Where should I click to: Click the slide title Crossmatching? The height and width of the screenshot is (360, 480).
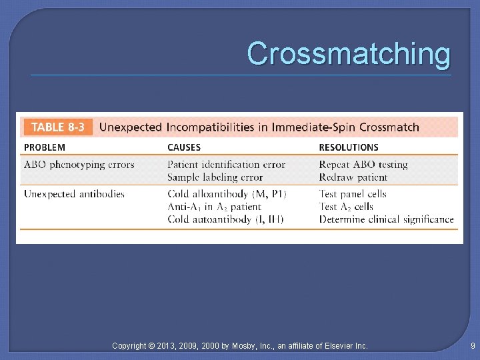[349, 53]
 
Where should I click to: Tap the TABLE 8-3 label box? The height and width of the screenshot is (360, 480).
[58, 127]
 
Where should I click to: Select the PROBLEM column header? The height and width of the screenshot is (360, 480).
[45, 147]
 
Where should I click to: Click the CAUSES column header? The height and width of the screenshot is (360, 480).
[184, 147]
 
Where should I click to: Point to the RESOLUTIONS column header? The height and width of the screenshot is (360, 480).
[349, 147]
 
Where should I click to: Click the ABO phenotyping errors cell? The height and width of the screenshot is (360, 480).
[79, 165]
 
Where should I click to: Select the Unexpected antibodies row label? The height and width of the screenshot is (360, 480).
[74, 194]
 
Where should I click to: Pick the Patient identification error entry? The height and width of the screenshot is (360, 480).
[226, 165]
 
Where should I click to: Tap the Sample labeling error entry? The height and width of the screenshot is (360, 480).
[215, 177]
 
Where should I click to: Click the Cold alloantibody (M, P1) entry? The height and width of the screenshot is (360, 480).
[226, 194]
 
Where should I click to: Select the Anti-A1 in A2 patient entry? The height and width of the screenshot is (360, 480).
[214, 207]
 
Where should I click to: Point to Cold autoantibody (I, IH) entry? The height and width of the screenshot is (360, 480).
[225, 219]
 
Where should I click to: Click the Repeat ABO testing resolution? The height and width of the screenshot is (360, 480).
[363, 165]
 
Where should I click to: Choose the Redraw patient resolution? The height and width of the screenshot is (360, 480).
[353, 177]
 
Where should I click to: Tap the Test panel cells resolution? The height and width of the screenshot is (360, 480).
[353, 194]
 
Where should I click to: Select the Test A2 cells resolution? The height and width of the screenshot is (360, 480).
[346, 207]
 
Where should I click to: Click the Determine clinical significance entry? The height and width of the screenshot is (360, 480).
[386, 219]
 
